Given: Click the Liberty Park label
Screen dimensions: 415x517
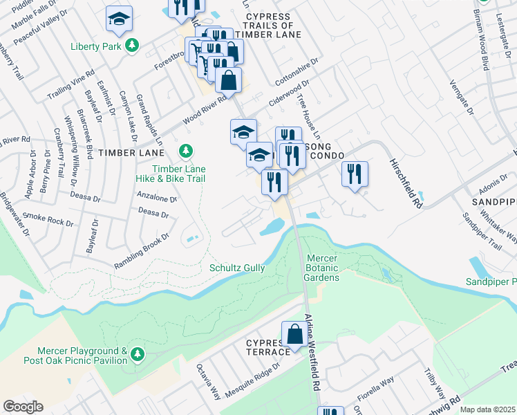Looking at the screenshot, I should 95,47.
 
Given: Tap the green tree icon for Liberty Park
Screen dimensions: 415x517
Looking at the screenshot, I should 132,46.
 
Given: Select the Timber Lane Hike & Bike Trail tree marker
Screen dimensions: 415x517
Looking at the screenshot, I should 185,151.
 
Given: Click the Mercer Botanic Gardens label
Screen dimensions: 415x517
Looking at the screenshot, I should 323,268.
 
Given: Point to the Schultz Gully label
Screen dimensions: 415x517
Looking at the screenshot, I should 237,268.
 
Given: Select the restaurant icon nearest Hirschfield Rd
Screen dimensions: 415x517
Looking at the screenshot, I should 355,174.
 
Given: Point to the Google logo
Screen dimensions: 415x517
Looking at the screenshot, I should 23,407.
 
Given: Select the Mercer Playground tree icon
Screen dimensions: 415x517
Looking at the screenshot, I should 138,355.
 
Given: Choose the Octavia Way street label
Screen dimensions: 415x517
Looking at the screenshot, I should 208,382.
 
